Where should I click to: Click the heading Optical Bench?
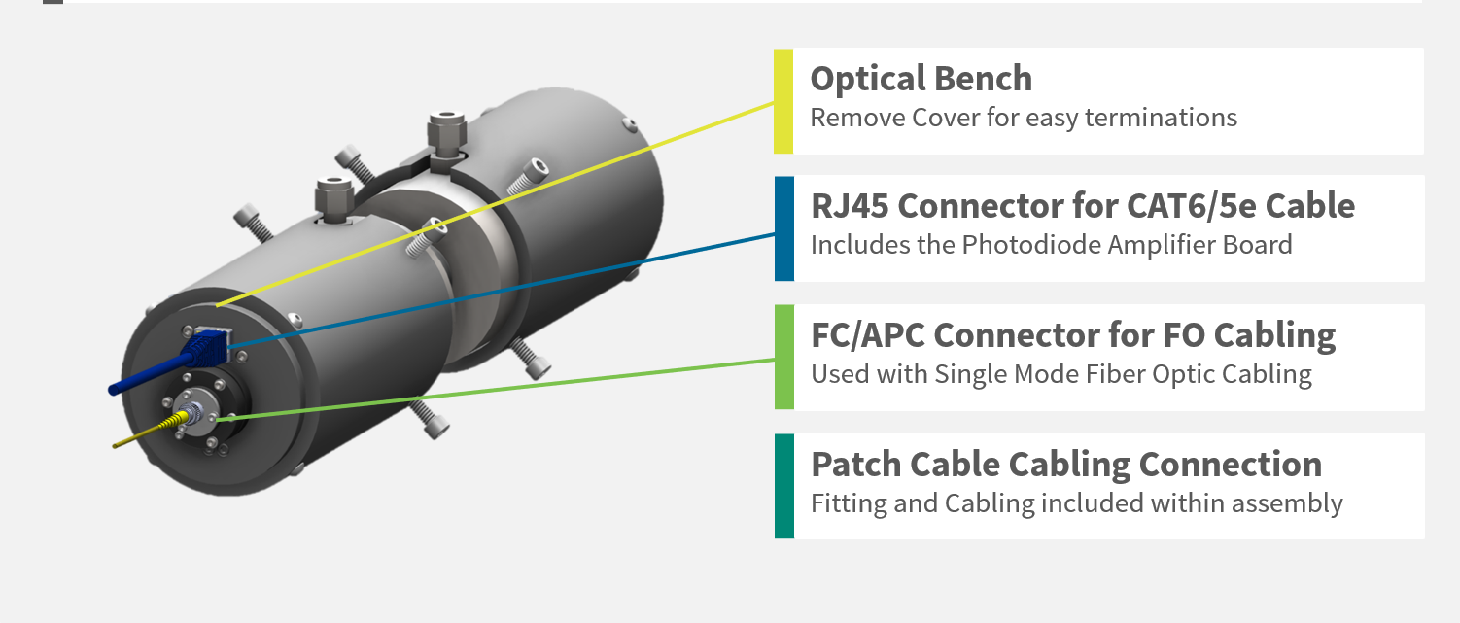921,79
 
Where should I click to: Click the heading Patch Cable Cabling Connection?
1065,464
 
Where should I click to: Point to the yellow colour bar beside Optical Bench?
783,101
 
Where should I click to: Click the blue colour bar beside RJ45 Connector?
783,228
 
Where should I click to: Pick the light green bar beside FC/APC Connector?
783,357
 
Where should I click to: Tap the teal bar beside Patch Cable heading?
783,486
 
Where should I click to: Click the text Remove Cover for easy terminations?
1023,119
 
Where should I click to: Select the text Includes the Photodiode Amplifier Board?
1051,245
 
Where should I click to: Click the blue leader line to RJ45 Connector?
505,288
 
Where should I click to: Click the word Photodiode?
1022,245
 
